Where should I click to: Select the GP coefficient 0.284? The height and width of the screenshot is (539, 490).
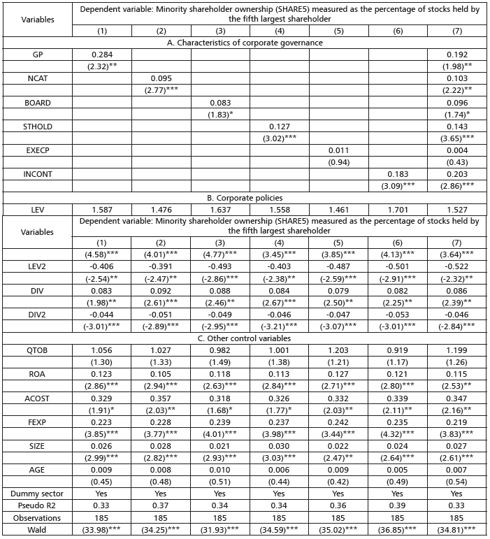[x=102, y=54]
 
